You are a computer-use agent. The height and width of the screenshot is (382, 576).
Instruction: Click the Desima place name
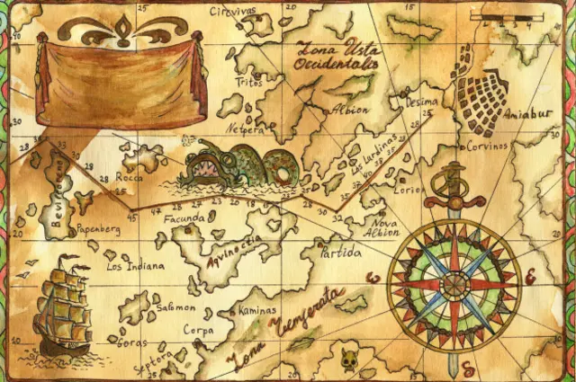coord(421,102)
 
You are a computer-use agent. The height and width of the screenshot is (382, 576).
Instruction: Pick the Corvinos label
coord(487,145)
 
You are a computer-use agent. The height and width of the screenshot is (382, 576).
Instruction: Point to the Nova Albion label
coord(384,227)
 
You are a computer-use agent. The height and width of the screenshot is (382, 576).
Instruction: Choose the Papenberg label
coord(98,229)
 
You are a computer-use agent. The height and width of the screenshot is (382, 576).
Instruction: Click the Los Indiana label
coord(135,266)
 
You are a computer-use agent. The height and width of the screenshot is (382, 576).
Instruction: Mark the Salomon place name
coord(175,306)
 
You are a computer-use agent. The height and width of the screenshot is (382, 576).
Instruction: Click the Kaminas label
coord(259,310)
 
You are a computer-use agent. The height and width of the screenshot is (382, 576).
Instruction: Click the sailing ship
coord(63,306)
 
